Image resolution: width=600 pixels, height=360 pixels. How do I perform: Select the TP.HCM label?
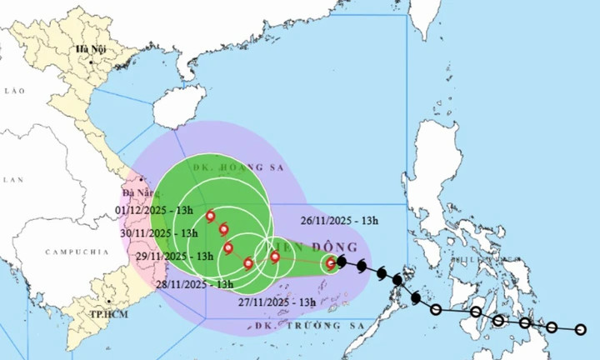coord(108,316)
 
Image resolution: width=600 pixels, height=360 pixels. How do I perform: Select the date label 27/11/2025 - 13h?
coord(277,302)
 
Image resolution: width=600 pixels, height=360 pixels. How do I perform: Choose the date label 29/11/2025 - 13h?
coord(162,257)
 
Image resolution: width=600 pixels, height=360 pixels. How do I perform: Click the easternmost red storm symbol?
coord(331,263)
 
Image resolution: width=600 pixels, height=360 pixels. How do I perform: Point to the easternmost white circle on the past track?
coord(581,330)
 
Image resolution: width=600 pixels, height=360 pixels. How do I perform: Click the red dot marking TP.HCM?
coord(107,303)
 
